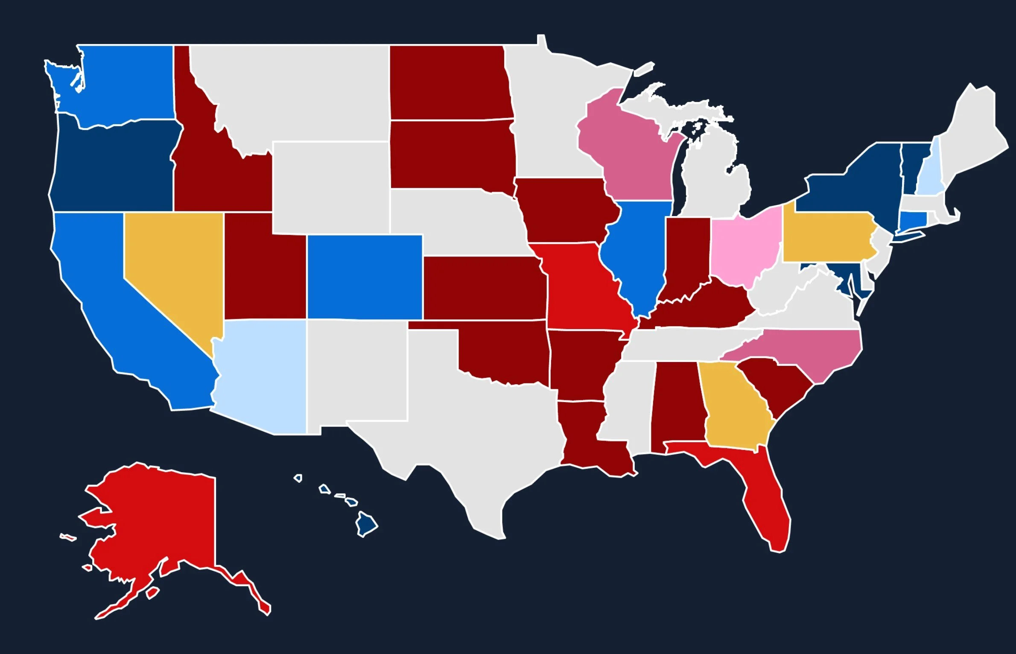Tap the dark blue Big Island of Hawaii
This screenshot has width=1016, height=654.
(366, 523)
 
